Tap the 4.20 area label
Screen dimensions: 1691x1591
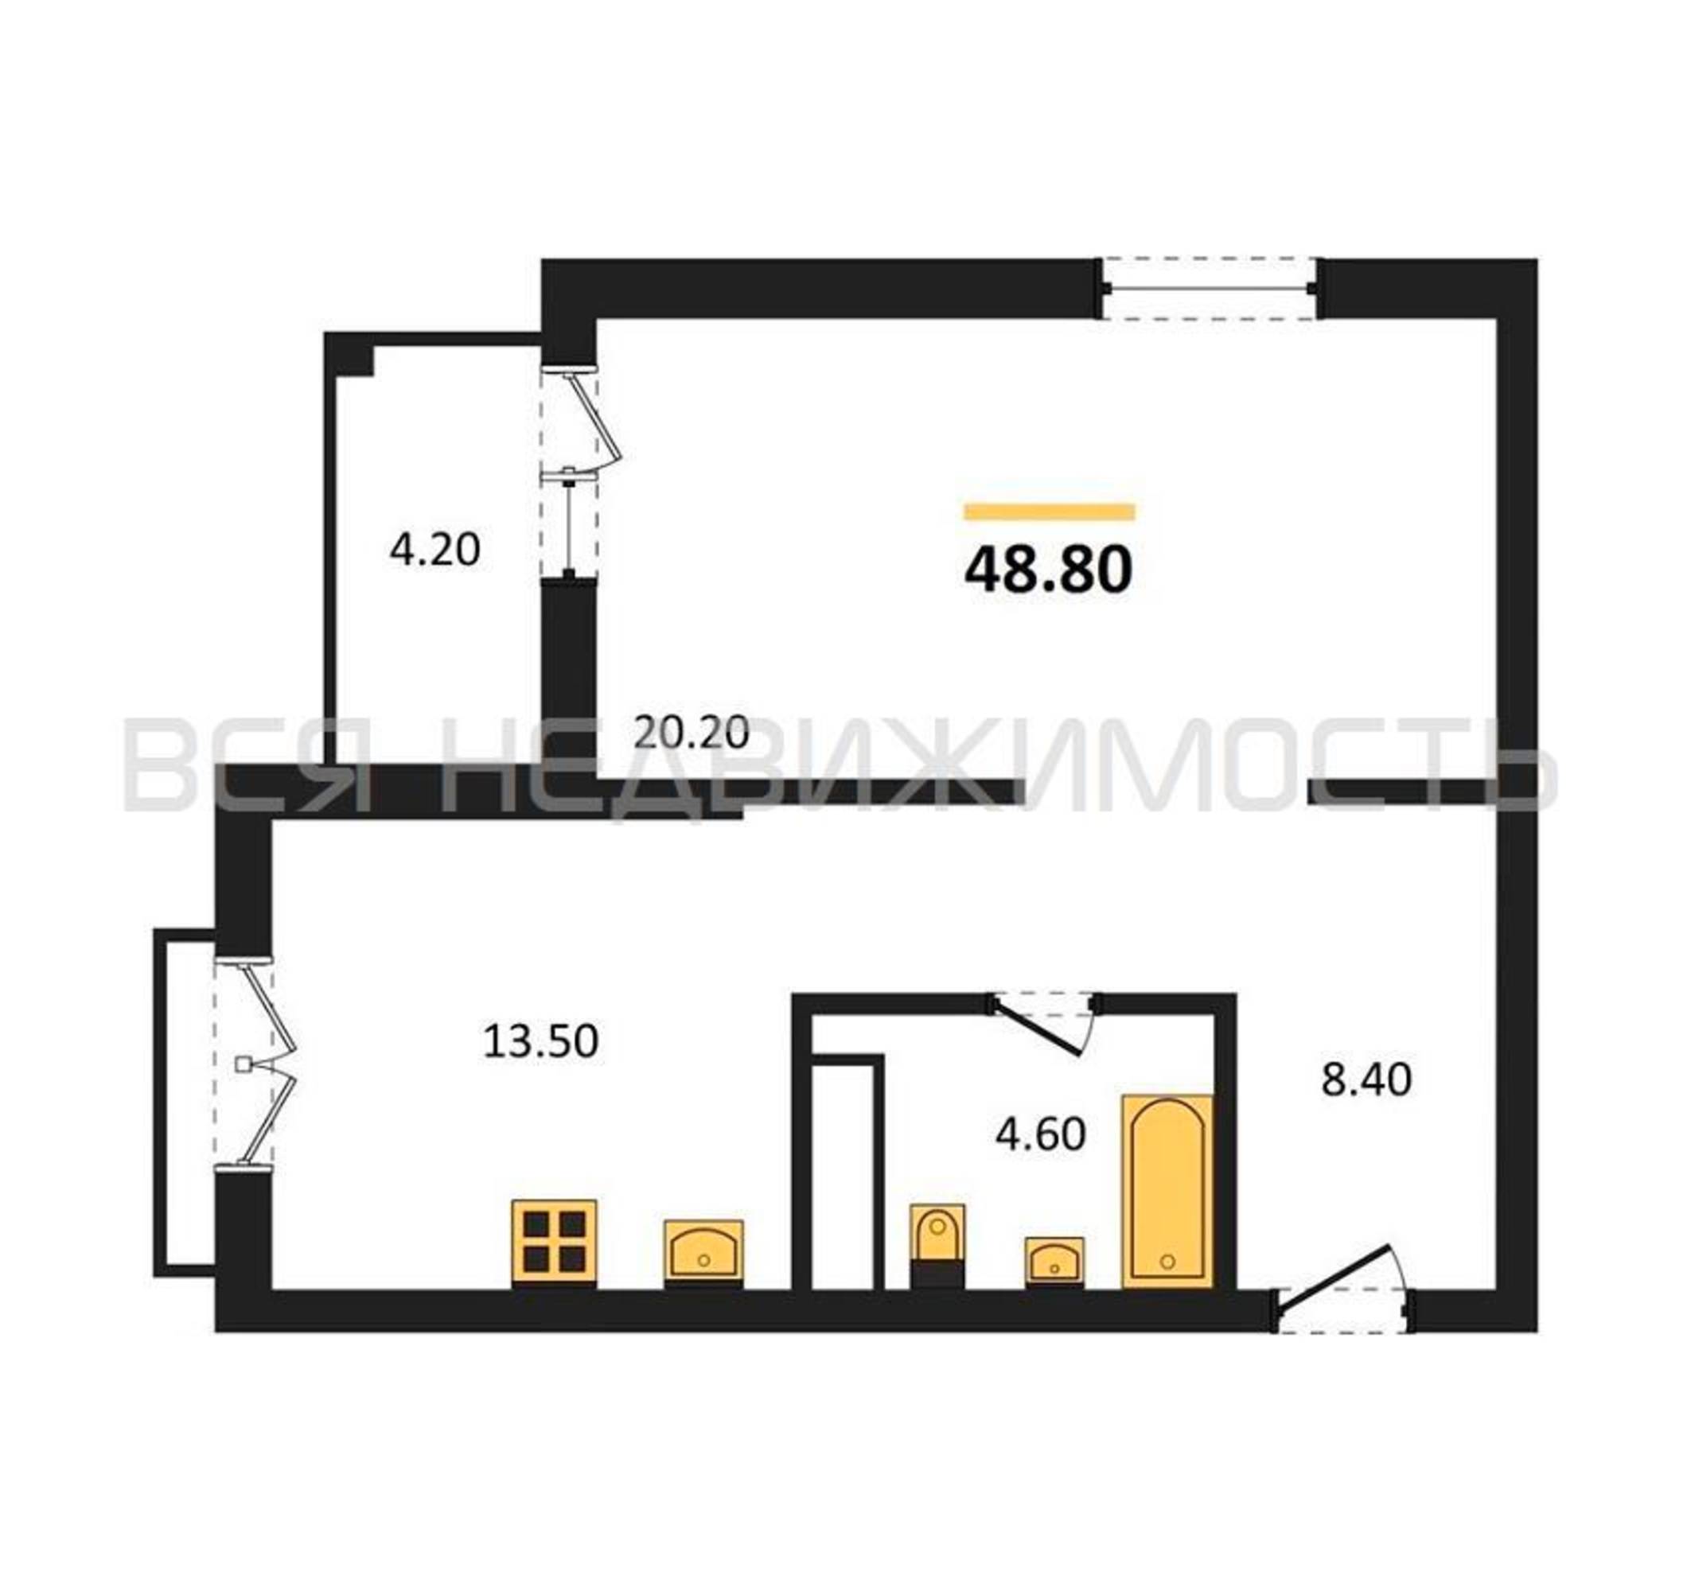click(434, 550)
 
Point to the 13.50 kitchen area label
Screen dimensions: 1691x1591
click(541, 1041)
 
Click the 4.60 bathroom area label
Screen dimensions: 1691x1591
click(1041, 1134)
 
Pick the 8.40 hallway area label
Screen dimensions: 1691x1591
click(1367, 1080)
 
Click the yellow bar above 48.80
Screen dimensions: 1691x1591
click(1049, 511)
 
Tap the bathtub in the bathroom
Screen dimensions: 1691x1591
click(1167, 1191)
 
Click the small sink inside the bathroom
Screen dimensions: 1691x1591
click(1054, 1261)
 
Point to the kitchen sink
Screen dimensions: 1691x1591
click(703, 1253)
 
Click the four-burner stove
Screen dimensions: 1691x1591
click(554, 1243)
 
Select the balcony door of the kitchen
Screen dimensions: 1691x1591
click(255, 1062)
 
